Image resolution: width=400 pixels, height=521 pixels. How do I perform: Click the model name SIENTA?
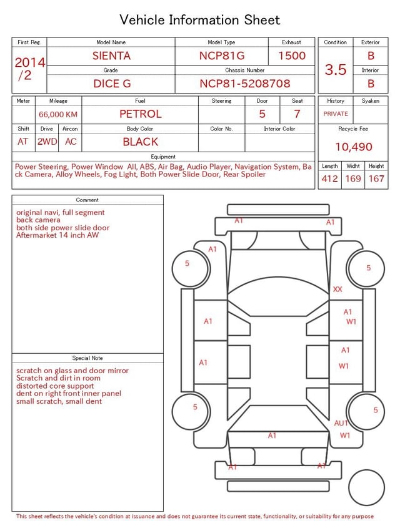point(111,56)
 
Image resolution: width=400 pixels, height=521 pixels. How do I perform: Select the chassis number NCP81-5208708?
point(245,84)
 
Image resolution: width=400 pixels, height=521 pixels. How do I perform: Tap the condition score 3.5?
point(336,70)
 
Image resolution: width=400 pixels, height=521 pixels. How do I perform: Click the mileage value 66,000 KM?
point(58,115)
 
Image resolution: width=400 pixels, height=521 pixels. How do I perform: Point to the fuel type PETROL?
point(141,114)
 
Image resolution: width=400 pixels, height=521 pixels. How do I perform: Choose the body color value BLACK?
point(141,142)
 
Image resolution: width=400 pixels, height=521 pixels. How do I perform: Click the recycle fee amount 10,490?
point(353,147)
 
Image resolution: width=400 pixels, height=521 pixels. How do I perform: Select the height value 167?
point(376,178)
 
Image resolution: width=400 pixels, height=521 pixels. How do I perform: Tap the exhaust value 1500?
point(292,56)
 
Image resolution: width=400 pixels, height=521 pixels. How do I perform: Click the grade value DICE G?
point(112,84)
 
